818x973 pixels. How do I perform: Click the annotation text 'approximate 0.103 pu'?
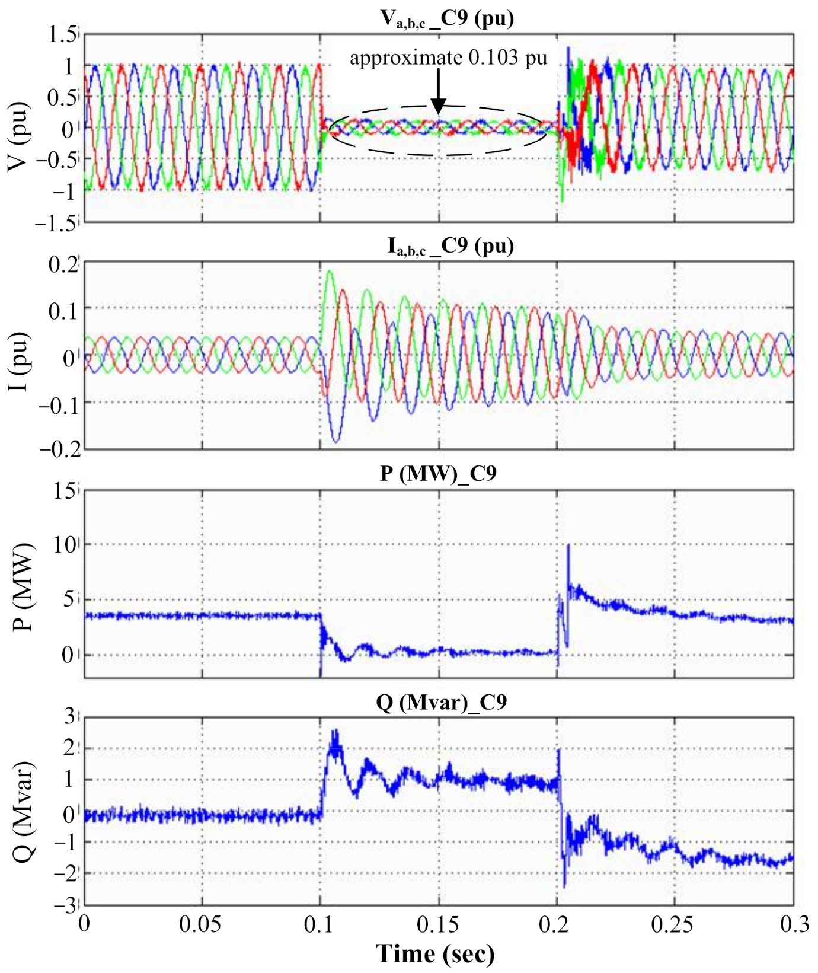coord(448,58)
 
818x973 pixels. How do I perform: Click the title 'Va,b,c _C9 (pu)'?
coord(447,18)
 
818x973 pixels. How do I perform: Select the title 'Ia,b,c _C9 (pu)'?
coord(450,245)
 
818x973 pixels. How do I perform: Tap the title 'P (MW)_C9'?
coord(438,473)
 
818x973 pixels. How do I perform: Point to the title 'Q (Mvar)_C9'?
coord(441,702)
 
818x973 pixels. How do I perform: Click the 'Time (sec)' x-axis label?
coord(434,953)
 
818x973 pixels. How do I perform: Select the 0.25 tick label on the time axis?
coord(672,924)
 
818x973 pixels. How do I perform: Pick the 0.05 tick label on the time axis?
coord(200,924)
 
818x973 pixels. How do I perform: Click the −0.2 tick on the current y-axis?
coord(59,449)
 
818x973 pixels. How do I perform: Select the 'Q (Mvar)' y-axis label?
coord(24,812)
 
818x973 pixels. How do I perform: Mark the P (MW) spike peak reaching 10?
coord(568,545)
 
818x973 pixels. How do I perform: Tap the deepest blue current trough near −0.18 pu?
coord(336,441)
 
